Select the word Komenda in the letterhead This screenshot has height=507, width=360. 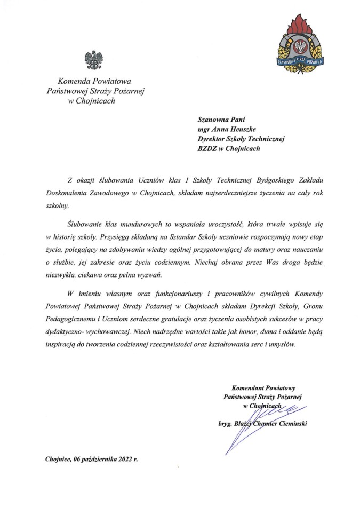[x=75, y=82]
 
